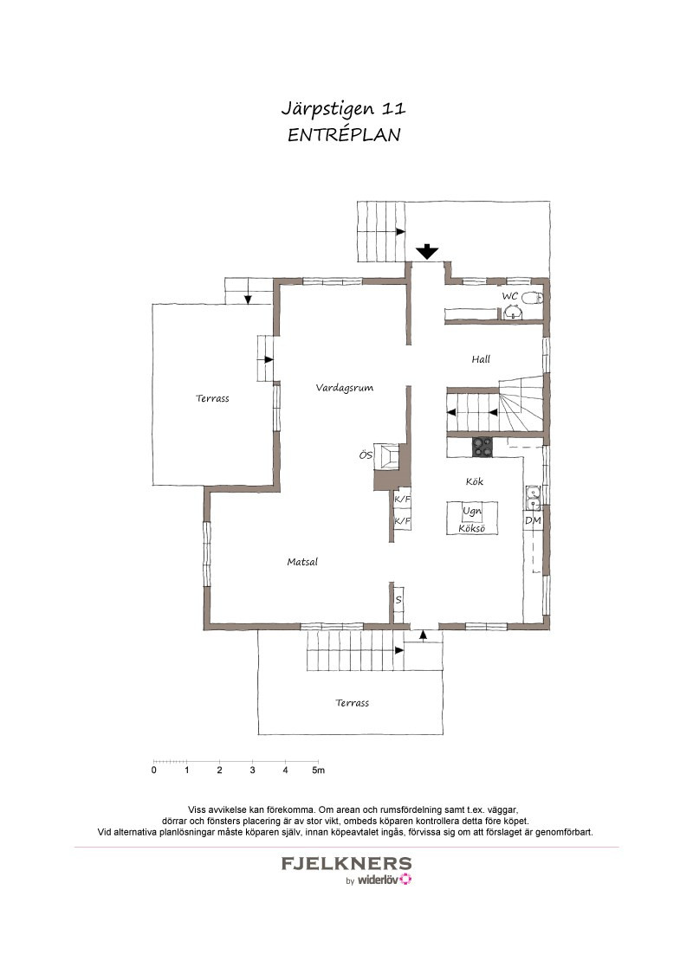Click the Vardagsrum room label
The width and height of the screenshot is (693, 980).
[x=345, y=388]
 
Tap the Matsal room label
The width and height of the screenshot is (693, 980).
[x=302, y=562]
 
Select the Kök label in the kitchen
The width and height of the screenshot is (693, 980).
[x=474, y=481]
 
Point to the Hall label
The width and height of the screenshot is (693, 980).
[x=481, y=358]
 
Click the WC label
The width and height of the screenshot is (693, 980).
[x=509, y=296]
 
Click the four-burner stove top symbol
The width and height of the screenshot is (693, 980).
[x=482, y=447]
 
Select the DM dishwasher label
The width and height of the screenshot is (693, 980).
[x=533, y=520]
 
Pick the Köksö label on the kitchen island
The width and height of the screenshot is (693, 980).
[x=471, y=528]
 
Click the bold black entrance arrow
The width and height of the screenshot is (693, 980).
[x=427, y=251]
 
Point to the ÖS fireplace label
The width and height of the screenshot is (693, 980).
[x=366, y=455]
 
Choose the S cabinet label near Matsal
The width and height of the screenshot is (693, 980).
[x=398, y=600]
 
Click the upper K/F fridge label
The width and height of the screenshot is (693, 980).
[x=402, y=500]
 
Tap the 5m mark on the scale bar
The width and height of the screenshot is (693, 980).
[x=319, y=770]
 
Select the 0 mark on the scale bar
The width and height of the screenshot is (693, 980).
[x=154, y=770]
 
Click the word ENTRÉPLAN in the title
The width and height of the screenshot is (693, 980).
[x=344, y=135]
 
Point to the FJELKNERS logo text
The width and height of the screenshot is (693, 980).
[x=346, y=864]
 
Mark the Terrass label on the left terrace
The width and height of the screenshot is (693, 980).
[x=212, y=398]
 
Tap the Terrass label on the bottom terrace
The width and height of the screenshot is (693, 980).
[x=352, y=702]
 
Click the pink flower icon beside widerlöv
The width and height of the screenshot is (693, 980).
[x=406, y=880]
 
